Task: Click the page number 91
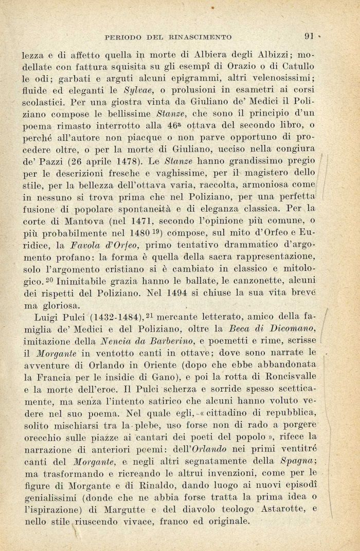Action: click(309, 36)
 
